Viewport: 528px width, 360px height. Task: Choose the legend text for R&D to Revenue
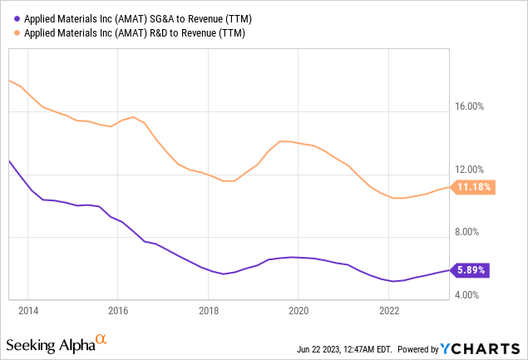point(131,32)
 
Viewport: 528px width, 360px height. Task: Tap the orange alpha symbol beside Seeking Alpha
point(101,341)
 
